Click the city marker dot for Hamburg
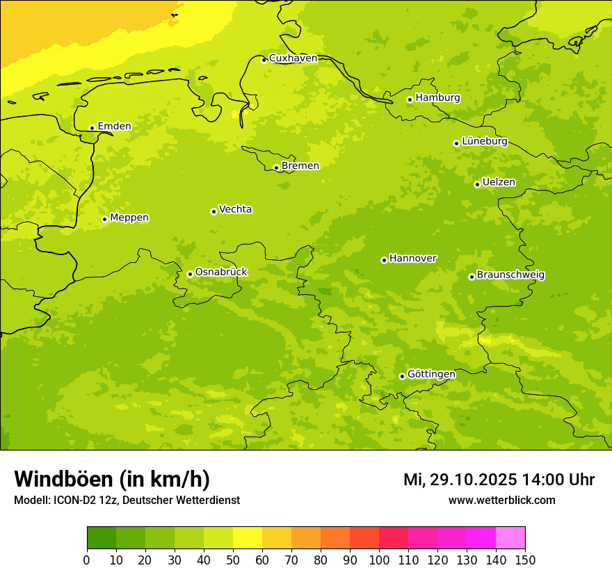pyautogui.click(x=410, y=99)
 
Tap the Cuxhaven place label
pyautogui.click(x=293, y=58)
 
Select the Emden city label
pyautogui.click(x=114, y=127)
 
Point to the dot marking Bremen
pyautogui.click(x=276, y=168)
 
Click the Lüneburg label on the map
pyautogui.click(x=484, y=141)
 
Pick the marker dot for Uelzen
pyautogui.click(x=477, y=184)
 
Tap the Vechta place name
pyautogui.click(x=235, y=209)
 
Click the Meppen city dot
pyautogui.click(x=104, y=219)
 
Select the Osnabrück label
pyautogui.click(x=221, y=272)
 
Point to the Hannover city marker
pyautogui.click(x=384, y=260)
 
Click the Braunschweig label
pyautogui.click(x=510, y=275)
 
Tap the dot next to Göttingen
pyautogui.click(x=402, y=376)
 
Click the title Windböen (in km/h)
pyautogui.click(x=112, y=479)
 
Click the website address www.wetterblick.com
pyautogui.click(x=501, y=500)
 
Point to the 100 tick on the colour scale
pyautogui.click(x=379, y=559)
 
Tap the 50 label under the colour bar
pyautogui.click(x=233, y=559)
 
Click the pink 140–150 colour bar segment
pyautogui.click(x=510, y=538)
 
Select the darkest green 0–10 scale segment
pyautogui.click(x=102, y=538)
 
